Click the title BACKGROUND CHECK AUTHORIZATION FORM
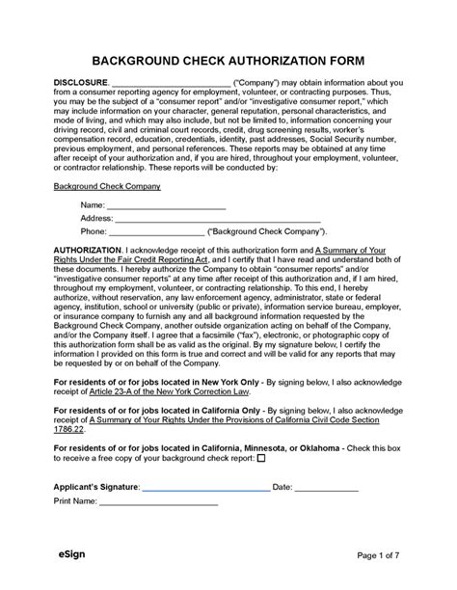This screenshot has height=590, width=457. [x=228, y=58]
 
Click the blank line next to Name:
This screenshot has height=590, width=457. [x=165, y=207]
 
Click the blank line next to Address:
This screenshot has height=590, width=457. [x=217, y=220]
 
